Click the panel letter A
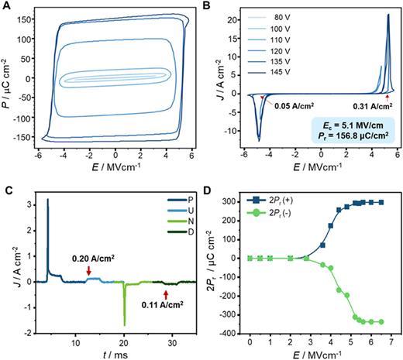point(6,6)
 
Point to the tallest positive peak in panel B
point(387,15)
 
